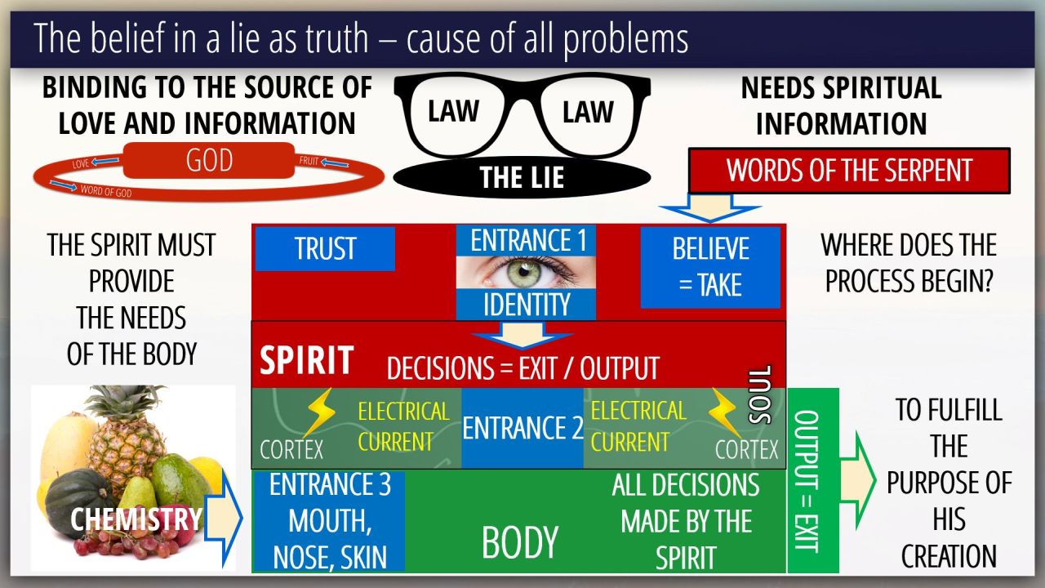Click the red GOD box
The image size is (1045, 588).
click(209, 161)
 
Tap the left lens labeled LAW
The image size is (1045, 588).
click(453, 112)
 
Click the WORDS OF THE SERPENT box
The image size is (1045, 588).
click(849, 170)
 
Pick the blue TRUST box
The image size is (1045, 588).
click(325, 249)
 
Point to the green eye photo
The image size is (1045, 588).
click(525, 273)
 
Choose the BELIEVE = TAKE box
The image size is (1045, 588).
click(709, 267)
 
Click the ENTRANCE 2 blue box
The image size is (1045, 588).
click(522, 428)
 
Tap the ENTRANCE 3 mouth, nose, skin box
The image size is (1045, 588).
click(330, 521)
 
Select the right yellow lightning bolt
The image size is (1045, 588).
click(725, 412)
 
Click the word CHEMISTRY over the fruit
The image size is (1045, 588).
click(136, 519)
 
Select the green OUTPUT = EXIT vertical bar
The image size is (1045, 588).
click(813, 481)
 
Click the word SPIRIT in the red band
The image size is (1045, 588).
click(306, 360)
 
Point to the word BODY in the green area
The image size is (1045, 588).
click(520, 542)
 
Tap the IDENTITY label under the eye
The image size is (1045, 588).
click(526, 305)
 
